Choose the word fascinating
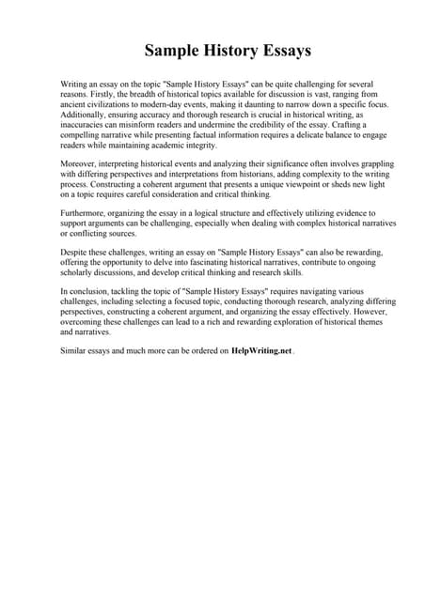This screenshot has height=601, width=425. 211,264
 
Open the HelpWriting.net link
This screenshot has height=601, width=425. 261,350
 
